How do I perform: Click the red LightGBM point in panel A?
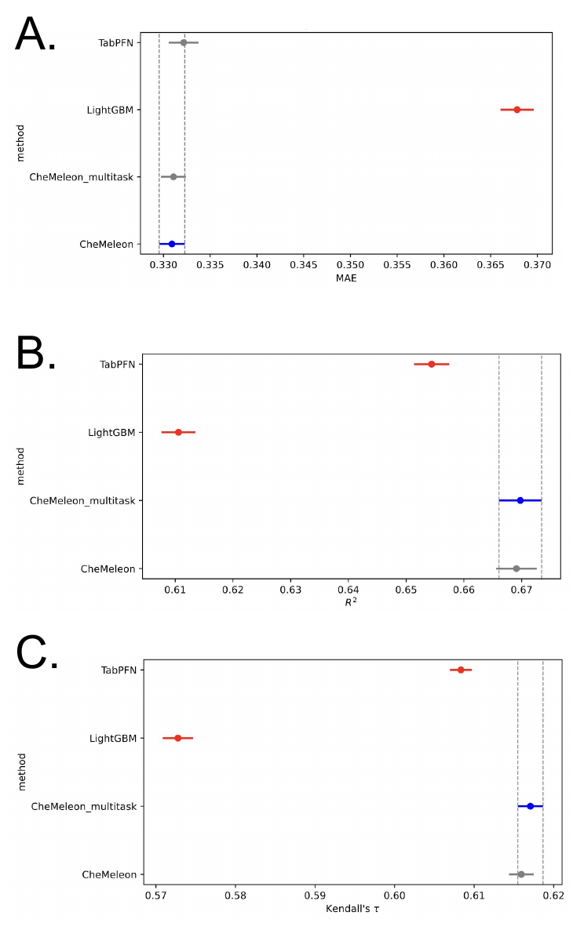click(x=516, y=110)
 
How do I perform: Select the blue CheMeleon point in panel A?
click(x=172, y=244)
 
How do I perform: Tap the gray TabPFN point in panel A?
click(x=184, y=42)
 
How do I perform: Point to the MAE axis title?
click(x=346, y=278)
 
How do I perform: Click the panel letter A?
click(x=35, y=35)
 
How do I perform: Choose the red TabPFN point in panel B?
click(x=431, y=364)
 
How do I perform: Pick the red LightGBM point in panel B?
click(x=178, y=432)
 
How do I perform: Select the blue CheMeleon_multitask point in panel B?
click(x=520, y=500)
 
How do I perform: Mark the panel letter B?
click(x=36, y=354)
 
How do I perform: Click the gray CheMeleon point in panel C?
click(x=520, y=874)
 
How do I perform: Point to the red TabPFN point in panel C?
click(x=461, y=670)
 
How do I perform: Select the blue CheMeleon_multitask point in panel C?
click(x=530, y=806)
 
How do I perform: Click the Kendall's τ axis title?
click(x=352, y=909)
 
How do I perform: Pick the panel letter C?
click(x=37, y=653)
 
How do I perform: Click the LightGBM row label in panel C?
click(x=112, y=738)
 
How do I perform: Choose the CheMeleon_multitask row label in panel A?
click(x=82, y=177)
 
